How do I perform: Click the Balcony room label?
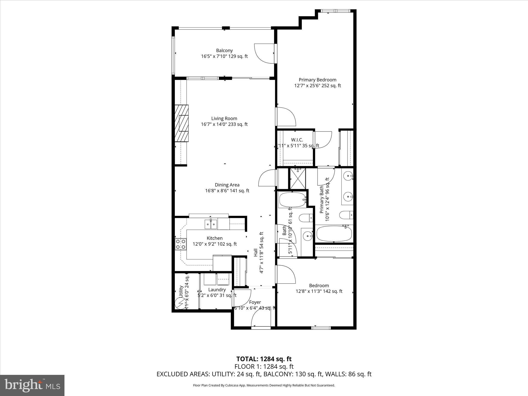(224, 51)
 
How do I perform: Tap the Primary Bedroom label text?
(317, 80)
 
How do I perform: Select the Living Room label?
(224, 119)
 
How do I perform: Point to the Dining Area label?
(227, 185)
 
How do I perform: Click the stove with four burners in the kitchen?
(180, 244)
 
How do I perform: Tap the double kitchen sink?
(211, 224)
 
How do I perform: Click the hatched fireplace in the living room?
(181, 123)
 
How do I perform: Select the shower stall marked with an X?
(298, 178)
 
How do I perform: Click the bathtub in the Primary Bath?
(334, 233)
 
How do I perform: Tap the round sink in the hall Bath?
(308, 235)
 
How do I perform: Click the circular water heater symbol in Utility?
(180, 303)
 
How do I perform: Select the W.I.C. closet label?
(297, 140)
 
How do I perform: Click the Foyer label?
(255, 302)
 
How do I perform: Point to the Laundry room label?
(217, 290)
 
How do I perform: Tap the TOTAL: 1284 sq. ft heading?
(264, 359)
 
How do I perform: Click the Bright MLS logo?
(32, 385)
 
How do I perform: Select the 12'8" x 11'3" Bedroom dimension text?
(319, 291)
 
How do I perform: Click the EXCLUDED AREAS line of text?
(264, 374)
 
